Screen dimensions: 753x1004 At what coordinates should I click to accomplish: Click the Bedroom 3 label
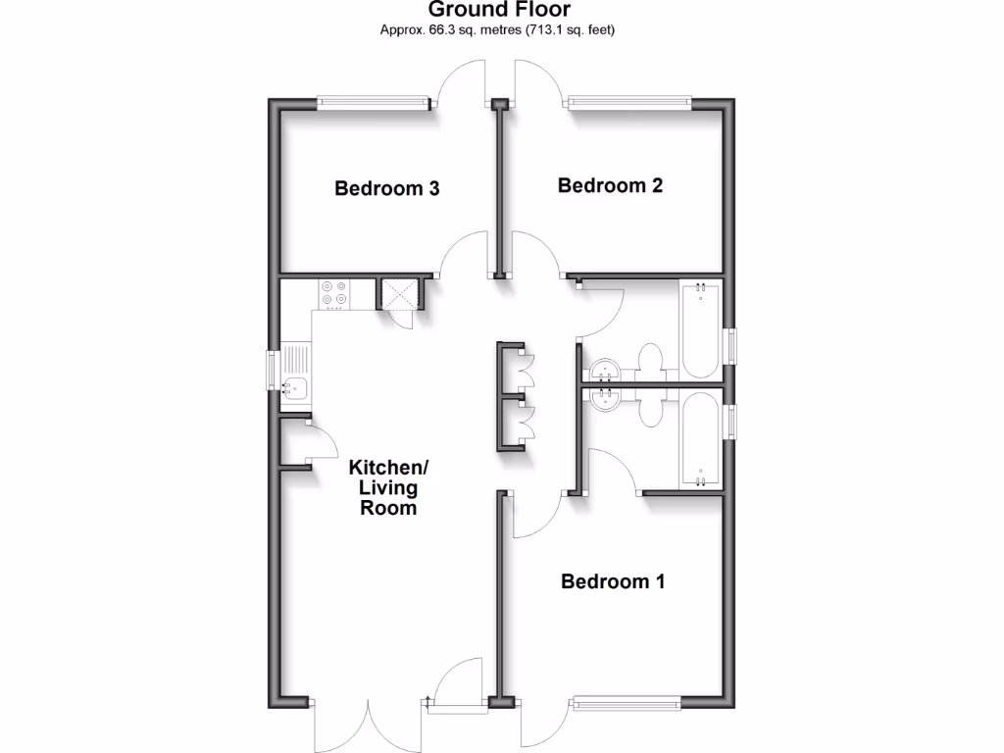click(x=386, y=188)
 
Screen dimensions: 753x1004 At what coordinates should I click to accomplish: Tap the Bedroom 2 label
click(x=610, y=185)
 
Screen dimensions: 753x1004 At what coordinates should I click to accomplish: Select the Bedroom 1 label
click(x=613, y=581)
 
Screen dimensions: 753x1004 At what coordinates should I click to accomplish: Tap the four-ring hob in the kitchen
click(x=333, y=294)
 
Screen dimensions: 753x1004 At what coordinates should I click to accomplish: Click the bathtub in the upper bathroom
click(x=700, y=328)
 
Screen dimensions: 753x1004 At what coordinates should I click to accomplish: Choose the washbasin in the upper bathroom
click(x=604, y=372)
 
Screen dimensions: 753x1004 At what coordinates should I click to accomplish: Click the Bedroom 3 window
click(x=374, y=102)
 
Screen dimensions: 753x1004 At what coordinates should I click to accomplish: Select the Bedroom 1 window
click(x=627, y=701)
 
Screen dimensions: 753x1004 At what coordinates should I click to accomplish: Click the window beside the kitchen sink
click(x=274, y=370)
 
